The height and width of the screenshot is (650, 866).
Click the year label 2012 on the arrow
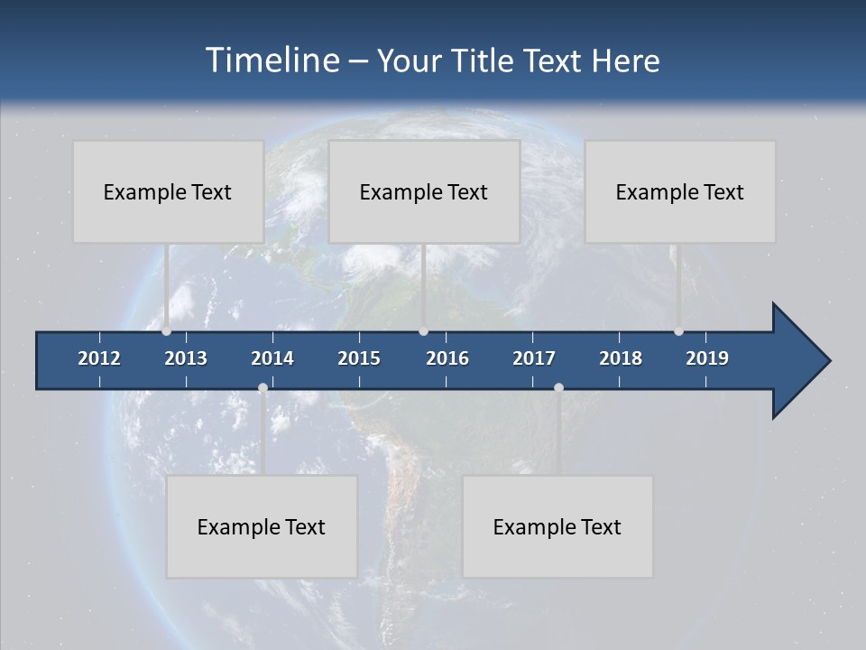[x=99, y=358]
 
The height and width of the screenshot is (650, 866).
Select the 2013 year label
[x=186, y=358]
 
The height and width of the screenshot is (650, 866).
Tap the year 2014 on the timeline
[x=272, y=358]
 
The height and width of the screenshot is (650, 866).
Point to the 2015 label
[x=359, y=358]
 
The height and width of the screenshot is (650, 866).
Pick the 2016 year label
[x=447, y=358]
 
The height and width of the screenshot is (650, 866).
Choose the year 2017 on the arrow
[x=534, y=358]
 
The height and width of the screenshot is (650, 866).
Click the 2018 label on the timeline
[x=621, y=358]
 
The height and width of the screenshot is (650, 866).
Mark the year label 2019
[x=707, y=358]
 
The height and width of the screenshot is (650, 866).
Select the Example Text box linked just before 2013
[x=168, y=191]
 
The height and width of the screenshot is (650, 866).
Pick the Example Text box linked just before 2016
[x=424, y=191]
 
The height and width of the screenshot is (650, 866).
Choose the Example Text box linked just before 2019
[x=680, y=191]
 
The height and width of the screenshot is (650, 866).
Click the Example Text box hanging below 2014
[x=262, y=526]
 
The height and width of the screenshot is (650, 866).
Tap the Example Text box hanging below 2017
[x=557, y=526]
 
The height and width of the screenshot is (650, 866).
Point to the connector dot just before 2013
[x=166, y=331]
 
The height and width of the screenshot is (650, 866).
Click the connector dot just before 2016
[x=424, y=331]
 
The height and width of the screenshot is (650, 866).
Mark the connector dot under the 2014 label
[x=263, y=388]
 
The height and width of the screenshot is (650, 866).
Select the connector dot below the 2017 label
[x=558, y=388]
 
